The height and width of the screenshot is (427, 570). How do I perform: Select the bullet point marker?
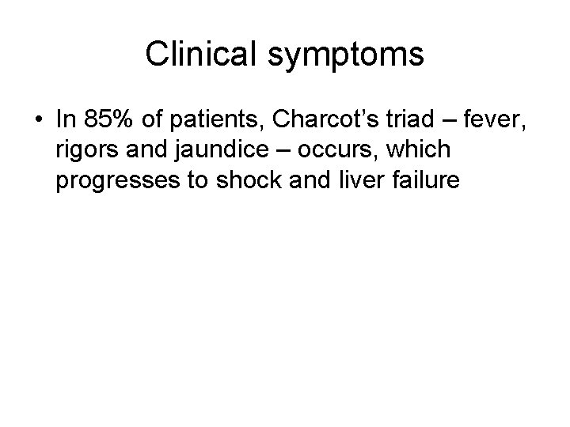pyautogui.click(x=38, y=121)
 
